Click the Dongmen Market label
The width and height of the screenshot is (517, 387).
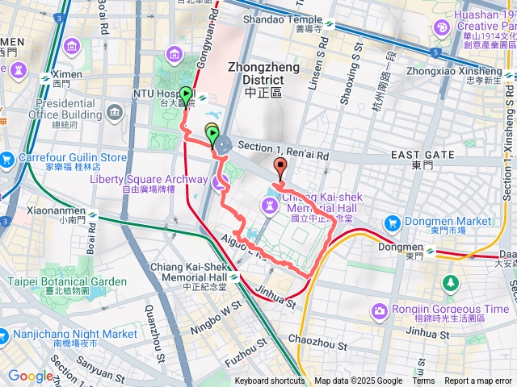(x=450, y=221)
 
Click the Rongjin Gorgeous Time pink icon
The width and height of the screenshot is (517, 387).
(x=379, y=310)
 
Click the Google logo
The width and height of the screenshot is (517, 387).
(x=31, y=376)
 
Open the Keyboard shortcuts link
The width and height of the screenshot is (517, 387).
(x=270, y=381)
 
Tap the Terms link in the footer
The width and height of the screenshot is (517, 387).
(x=423, y=381)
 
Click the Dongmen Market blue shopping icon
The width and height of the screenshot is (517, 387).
(x=393, y=222)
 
